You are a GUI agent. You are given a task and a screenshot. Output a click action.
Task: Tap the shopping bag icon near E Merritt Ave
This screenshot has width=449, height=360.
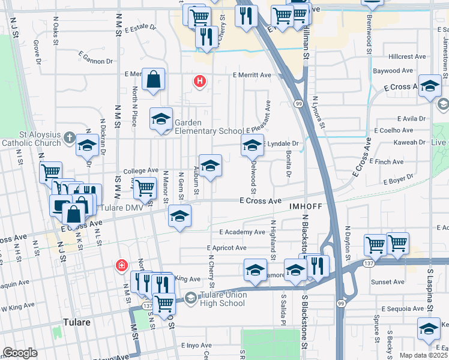[x=153, y=79]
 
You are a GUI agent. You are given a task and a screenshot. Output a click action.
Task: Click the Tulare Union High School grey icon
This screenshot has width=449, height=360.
[x=190, y=298]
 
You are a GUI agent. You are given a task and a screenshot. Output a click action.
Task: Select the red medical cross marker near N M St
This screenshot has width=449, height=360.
[x=121, y=265]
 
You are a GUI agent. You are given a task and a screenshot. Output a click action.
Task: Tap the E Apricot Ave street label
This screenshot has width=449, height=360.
[x=226, y=248]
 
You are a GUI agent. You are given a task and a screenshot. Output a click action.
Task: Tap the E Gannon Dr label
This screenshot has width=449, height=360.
[x=96, y=61]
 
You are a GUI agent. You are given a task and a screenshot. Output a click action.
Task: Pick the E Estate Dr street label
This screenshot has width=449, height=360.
[x=139, y=28]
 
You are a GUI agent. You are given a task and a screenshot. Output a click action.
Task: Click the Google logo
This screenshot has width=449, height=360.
[x=20, y=353]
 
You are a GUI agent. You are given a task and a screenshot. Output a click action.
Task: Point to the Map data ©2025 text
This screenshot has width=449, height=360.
[x=423, y=355]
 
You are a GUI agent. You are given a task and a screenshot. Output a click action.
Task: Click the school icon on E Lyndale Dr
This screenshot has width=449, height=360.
[x=253, y=145]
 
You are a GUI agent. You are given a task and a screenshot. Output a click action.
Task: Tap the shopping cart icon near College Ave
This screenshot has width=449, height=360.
[x=145, y=187]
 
